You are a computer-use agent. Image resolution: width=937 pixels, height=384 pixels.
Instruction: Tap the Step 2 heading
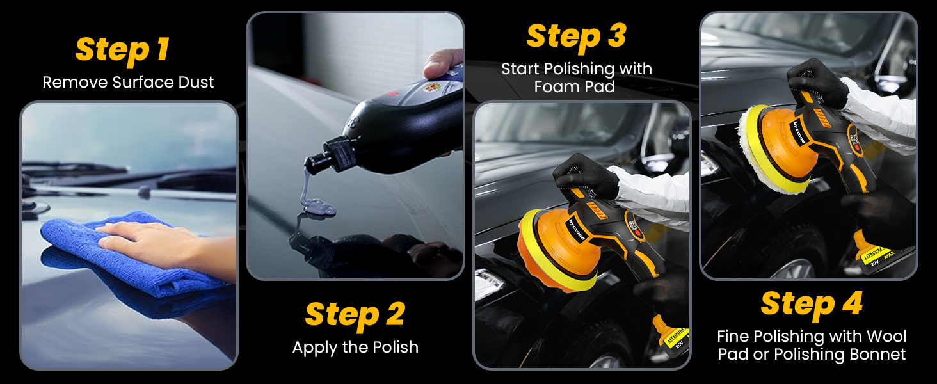click(355, 315)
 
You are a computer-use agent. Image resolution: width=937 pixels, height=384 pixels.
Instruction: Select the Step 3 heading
click(575, 37)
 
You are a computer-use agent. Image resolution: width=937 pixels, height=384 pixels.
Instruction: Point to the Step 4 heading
click(812, 304)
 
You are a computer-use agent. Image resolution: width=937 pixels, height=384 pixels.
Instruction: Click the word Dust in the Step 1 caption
click(192, 83)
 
